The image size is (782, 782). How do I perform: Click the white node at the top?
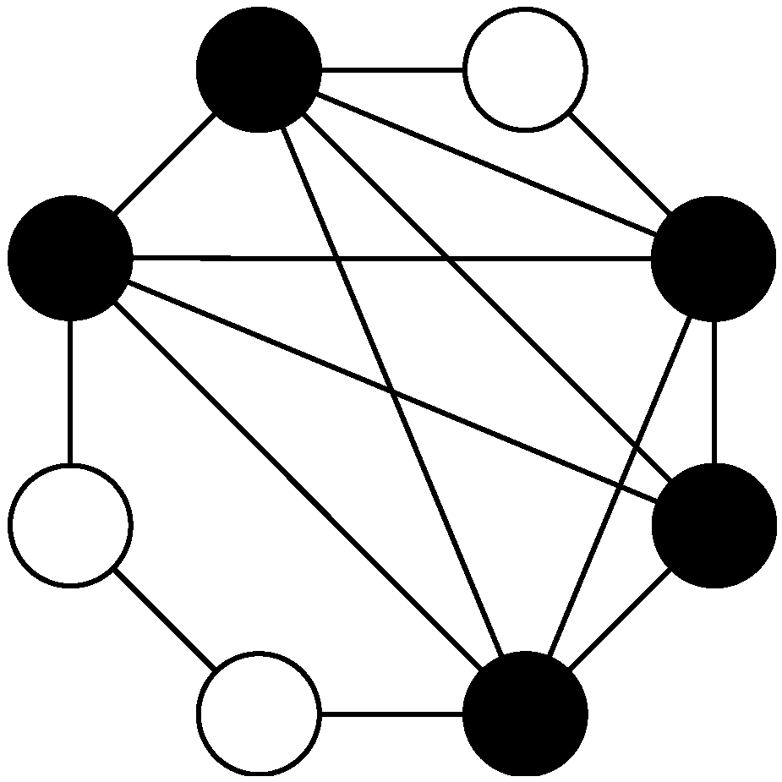[x=525, y=69]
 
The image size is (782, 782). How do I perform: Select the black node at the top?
[x=259, y=69]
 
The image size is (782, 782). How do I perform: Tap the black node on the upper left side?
[x=70, y=258]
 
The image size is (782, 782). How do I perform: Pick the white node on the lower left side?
[x=70, y=525]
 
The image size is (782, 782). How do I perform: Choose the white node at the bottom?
[x=259, y=714]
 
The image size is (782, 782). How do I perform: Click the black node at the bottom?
[x=525, y=714]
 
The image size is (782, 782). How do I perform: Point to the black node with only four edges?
[x=714, y=525]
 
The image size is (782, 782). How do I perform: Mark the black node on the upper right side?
[x=714, y=258]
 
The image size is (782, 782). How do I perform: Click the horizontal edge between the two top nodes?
[x=392, y=69]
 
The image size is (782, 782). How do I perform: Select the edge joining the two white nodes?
[x=164, y=619]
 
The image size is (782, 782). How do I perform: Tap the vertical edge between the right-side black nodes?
[x=714, y=391]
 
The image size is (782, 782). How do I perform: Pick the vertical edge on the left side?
[x=70, y=391]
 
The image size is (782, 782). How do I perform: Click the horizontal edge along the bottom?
[x=392, y=714]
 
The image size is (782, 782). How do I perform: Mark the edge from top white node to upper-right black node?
[x=620, y=163]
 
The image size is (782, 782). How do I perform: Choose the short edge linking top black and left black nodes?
[x=164, y=163]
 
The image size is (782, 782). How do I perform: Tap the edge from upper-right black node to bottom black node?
[x=620, y=485]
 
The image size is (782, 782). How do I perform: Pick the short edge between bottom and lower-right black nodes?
[x=620, y=620]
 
